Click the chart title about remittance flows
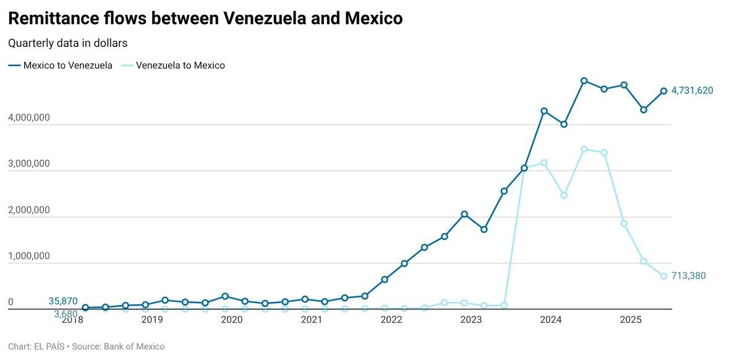(x=205, y=19)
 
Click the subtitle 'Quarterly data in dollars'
(x=67, y=43)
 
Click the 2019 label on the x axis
(x=152, y=320)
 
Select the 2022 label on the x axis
(x=391, y=320)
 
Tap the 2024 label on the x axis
(x=551, y=320)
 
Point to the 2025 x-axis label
(x=631, y=320)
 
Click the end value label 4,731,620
(x=692, y=91)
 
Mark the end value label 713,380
(x=688, y=276)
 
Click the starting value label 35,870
(x=63, y=302)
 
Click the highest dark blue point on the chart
(x=584, y=81)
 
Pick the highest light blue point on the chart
(x=584, y=149)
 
